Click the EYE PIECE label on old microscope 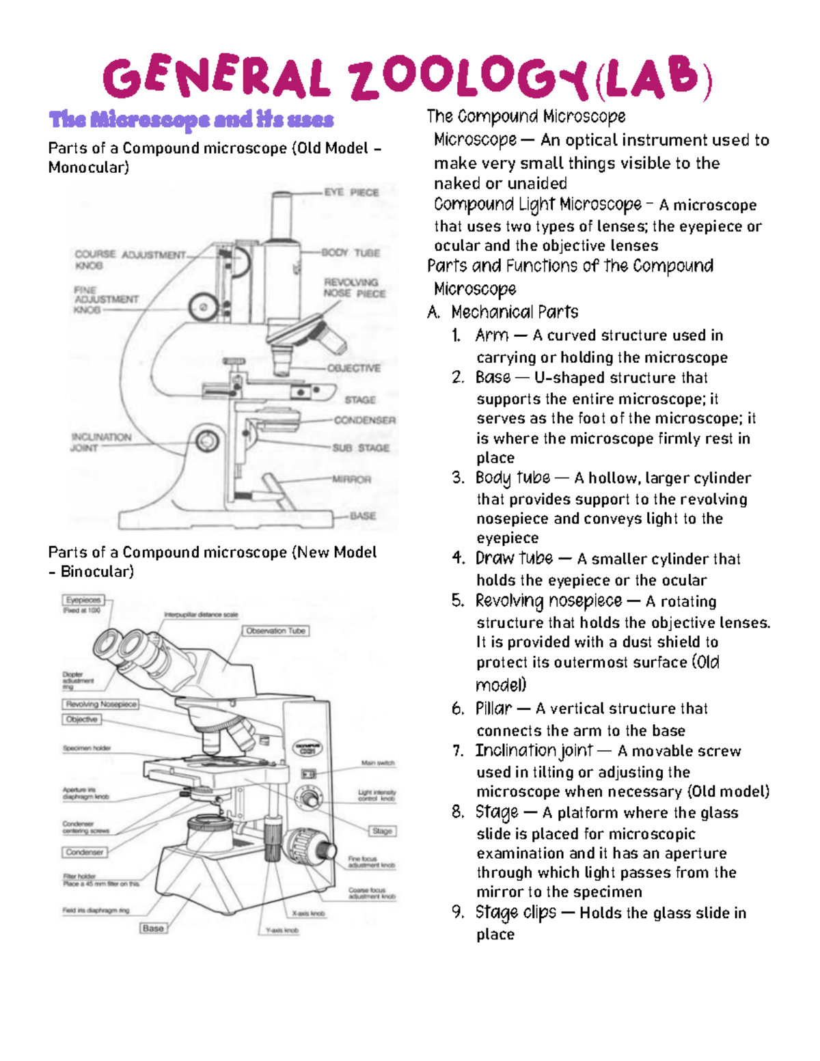point(351,193)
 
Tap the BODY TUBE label point(351,253)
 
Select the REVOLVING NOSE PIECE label point(354,288)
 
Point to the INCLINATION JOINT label point(100,442)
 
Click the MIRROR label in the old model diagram point(351,480)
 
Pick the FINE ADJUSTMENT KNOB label point(105,299)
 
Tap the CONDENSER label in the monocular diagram point(364,420)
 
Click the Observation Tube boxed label point(275,631)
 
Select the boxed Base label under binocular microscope point(153,928)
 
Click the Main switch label point(378,762)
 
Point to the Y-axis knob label point(282,930)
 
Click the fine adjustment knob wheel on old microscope point(203,307)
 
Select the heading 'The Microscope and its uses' point(191,120)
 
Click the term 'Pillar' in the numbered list point(493,708)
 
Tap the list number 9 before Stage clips point(458,913)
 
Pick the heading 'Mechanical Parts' point(514,312)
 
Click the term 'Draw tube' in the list point(514,558)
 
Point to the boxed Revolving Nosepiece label point(101,704)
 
